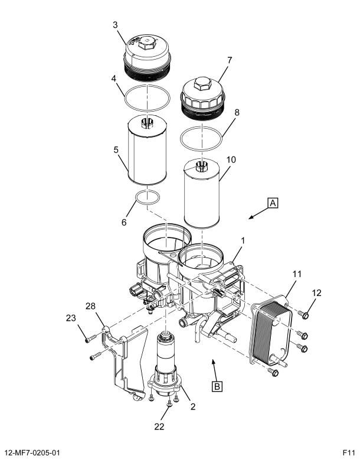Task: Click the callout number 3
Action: [115, 25]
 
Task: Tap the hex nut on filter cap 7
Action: [202, 83]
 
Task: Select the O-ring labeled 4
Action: [147, 98]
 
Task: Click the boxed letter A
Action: [273, 203]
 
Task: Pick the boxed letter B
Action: [217, 386]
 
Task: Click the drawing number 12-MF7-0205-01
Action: [32, 453]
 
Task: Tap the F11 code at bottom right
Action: [349, 453]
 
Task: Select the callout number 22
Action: [159, 427]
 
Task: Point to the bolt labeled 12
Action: [305, 315]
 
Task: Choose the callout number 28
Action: [91, 306]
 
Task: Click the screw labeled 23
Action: [91, 338]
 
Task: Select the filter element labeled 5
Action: [148, 150]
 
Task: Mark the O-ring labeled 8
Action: [201, 138]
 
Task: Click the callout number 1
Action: [243, 240]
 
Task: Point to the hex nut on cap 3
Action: [146, 43]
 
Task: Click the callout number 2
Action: [193, 406]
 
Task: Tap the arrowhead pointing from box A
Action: [251, 217]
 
